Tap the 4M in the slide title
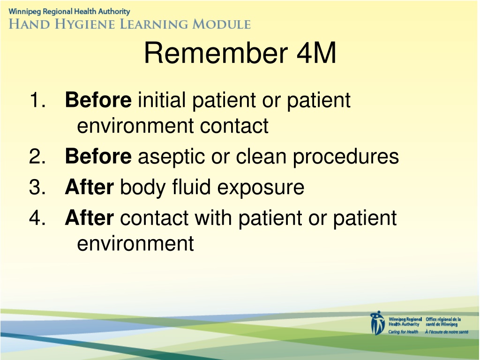click(316, 53)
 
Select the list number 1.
click(37, 100)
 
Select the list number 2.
click(37, 156)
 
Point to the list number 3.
click(37, 187)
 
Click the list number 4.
click(37, 217)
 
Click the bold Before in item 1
click(98, 100)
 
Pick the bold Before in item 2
click(98, 156)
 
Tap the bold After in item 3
click(90, 187)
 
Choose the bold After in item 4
click(90, 217)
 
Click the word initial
click(162, 100)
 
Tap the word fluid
click(191, 187)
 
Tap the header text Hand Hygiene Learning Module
click(130, 24)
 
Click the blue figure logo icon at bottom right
click(377, 322)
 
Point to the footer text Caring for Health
click(403, 332)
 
